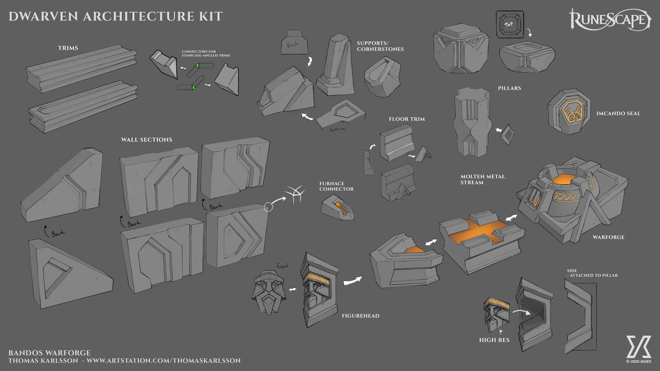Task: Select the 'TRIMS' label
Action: (68, 48)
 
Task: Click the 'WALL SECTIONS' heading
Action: (147, 140)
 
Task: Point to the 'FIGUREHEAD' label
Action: (361, 316)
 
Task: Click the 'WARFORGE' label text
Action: (608, 237)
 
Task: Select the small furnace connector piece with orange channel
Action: (338, 207)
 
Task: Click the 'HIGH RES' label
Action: (494, 340)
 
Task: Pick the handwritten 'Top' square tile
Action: (510, 24)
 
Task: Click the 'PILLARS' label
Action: (509, 88)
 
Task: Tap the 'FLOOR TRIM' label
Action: (407, 119)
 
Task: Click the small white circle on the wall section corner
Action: (268, 207)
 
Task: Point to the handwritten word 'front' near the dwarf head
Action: (282, 266)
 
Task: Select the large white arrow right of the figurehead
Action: (353, 281)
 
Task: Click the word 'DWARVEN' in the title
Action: (43, 16)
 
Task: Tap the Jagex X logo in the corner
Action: (639, 347)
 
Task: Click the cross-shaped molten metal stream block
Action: (482, 237)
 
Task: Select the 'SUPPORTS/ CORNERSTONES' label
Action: (380, 46)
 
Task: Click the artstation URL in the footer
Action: (164, 360)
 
